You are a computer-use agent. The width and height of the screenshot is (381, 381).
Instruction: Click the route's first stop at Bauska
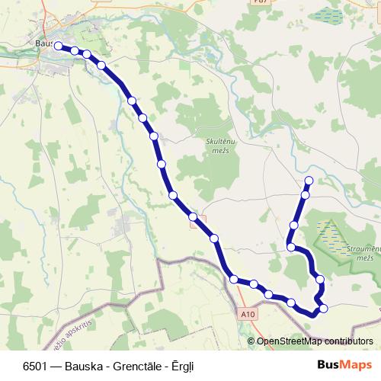pos(58,46)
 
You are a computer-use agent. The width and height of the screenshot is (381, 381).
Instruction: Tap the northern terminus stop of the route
pos(309,181)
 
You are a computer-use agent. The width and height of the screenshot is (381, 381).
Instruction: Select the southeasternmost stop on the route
pos(324,308)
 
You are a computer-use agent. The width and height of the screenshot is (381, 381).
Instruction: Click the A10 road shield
pos(247,313)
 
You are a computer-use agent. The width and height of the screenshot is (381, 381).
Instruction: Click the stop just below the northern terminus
pos(305,195)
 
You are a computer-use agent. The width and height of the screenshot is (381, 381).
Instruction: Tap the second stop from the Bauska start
pos(75,51)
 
